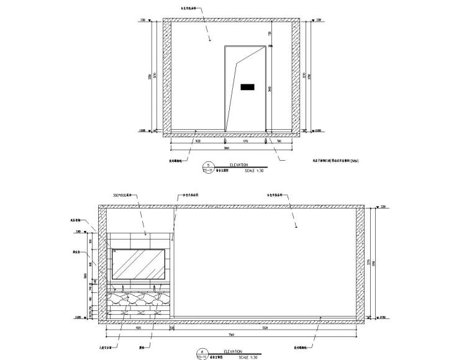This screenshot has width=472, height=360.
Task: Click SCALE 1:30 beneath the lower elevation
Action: point(259,358)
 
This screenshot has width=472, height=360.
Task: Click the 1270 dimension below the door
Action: point(246,142)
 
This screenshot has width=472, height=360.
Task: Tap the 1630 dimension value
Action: point(197,142)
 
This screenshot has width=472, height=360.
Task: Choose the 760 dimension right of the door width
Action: point(279,142)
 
